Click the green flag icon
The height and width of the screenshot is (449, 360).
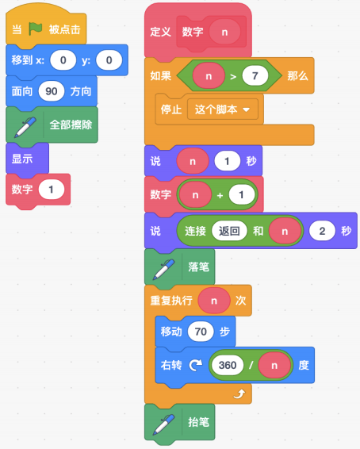tap(36, 29)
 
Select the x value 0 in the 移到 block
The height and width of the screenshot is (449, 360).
tap(63, 60)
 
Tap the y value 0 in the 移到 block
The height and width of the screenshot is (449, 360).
tap(109, 60)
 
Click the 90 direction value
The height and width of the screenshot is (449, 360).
tap(52, 91)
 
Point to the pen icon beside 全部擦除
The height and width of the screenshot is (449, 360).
tap(25, 127)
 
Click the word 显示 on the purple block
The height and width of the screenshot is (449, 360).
tap(22, 159)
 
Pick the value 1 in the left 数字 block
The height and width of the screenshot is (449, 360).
tap(52, 190)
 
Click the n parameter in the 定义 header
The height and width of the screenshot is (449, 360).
tap(224, 32)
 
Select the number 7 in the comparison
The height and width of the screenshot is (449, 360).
tap(255, 76)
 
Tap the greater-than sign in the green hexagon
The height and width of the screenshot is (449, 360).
tap(233, 76)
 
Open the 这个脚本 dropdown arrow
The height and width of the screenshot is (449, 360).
tap(246, 109)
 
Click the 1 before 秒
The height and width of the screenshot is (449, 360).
tap(228, 161)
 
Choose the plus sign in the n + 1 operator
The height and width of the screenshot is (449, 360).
tap(220, 195)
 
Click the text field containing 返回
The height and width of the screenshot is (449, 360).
tap(229, 231)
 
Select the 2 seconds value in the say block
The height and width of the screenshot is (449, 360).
tap(322, 231)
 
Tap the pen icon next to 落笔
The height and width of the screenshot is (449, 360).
tap(164, 269)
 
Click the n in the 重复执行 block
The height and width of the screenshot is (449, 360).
tap(214, 301)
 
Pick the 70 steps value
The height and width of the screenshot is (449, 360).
tap(201, 332)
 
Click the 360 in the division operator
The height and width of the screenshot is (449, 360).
tap(228, 365)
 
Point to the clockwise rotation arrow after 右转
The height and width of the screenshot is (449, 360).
tap(196, 365)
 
